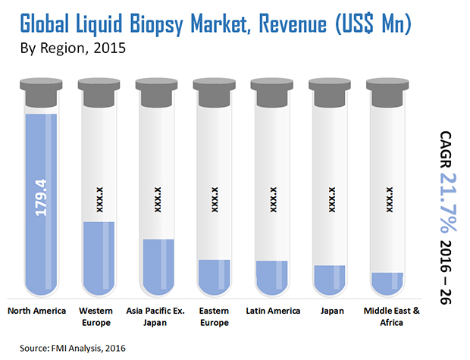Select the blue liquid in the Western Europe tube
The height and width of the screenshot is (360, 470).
coord(99,258)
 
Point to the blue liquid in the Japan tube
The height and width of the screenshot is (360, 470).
coord(331,279)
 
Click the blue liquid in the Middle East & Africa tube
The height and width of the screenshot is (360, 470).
coord(388,283)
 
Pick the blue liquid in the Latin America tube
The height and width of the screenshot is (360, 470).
coord(272,277)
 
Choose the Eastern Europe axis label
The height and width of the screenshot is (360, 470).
coord(213,317)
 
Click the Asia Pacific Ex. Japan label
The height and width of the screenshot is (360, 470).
coord(156,317)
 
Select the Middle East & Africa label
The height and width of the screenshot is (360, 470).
coord(391,317)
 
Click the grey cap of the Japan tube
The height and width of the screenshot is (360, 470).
coord(331,92)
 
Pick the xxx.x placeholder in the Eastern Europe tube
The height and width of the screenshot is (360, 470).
coord(215,199)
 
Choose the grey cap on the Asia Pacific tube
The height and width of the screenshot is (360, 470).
coord(155,92)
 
